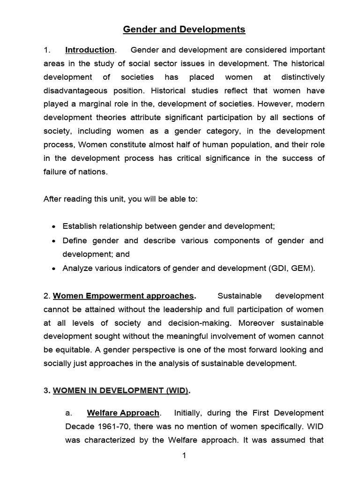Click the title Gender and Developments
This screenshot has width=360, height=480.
click(x=184, y=30)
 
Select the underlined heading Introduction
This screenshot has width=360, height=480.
click(x=90, y=50)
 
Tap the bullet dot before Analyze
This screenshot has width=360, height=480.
click(x=54, y=269)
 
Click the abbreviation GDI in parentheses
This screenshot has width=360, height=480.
click(x=279, y=269)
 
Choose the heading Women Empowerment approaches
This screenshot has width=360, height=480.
click(x=123, y=296)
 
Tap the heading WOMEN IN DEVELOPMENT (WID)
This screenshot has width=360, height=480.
click(x=121, y=391)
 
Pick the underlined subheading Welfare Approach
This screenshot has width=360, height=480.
click(x=123, y=413)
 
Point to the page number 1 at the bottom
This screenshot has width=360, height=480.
click(x=184, y=456)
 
